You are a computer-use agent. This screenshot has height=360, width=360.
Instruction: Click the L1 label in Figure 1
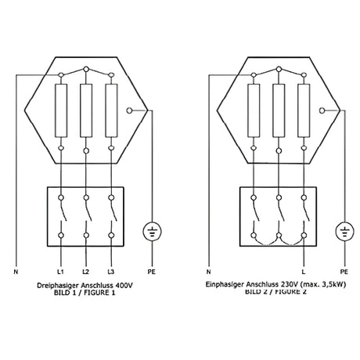[60, 272]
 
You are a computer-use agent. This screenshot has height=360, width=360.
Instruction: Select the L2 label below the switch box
[85, 272]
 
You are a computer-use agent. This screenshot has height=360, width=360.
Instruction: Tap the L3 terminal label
[111, 272]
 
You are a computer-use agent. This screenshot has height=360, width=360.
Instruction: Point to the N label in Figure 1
[16, 272]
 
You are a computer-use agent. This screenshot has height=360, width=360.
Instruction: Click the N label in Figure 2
[208, 272]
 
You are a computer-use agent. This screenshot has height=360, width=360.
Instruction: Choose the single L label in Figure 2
[303, 272]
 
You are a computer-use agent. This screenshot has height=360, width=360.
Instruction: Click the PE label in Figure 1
[152, 272]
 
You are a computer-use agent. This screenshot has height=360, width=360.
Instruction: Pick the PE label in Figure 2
[344, 272]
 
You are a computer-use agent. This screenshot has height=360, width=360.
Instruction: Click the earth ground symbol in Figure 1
[153, 232]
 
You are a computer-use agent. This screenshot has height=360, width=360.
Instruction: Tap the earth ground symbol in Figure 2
[344, 232]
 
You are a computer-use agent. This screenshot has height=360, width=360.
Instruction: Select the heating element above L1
[61, 110]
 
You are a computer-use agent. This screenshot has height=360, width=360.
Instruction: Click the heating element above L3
[111, 110]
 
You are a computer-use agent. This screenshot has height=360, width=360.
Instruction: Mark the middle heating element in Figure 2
[279, 110]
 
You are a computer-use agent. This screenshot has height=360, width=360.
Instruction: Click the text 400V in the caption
[124, 286]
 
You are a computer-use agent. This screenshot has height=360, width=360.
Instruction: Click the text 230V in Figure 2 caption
[289, 284]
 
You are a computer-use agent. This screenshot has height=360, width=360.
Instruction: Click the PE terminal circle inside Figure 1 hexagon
[129, 110]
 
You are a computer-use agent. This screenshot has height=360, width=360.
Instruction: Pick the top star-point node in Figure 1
[86, 69]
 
